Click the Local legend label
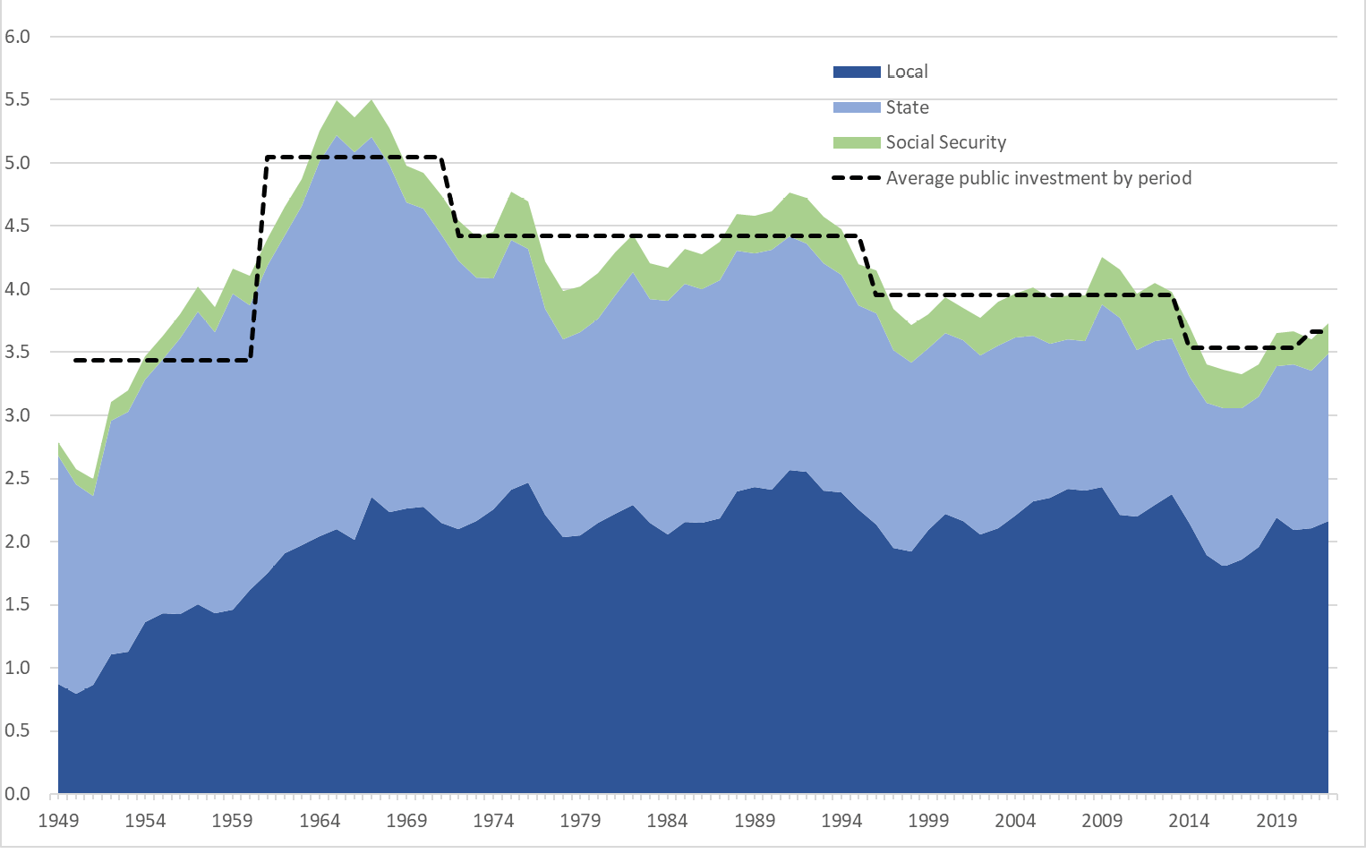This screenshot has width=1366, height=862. [906, 72]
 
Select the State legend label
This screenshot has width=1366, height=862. [907, 107]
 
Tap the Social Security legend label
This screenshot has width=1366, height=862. [945, 142]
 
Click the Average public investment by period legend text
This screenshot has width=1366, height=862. [1038, 178]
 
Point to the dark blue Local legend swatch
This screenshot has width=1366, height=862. [856, 72]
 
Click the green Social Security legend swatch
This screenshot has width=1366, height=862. [856, 142]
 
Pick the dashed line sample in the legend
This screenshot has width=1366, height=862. [856, 178]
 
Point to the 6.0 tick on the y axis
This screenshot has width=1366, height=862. [17, 37]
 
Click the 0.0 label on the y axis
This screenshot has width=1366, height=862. [17, 794]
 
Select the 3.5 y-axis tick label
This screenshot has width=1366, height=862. [17, 353]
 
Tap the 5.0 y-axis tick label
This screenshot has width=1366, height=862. [17, 163]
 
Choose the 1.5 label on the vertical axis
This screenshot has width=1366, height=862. [17, 605]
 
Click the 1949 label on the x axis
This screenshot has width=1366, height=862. [58, 821]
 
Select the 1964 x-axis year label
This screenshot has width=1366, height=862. [320, 821]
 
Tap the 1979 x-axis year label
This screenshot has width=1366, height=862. [580, 821]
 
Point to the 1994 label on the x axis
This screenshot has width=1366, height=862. [841, 821]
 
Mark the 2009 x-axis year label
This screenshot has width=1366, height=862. [1102, 821]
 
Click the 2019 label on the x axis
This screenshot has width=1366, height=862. [1276, 821]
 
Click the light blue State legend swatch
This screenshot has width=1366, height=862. [856, 107]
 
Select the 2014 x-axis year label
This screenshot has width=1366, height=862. [1189, 821]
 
